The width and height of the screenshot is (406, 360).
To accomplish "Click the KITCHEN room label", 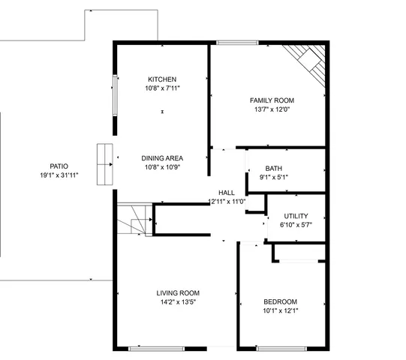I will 162,79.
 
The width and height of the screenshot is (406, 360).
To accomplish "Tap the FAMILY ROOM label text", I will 272,100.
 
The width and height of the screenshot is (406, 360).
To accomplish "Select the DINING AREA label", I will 162,158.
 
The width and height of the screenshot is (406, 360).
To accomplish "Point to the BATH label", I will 273,168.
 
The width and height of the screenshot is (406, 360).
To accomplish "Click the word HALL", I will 227,193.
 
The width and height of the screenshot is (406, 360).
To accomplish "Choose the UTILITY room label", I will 296,216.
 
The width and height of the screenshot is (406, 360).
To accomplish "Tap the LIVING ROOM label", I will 178,293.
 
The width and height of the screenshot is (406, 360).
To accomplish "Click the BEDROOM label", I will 280,301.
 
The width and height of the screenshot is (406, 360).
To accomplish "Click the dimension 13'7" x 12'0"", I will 272,109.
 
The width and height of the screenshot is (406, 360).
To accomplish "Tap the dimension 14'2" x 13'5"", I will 178,302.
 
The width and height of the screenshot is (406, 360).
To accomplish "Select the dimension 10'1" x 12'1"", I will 280,310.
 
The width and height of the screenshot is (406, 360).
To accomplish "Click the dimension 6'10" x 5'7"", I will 296,225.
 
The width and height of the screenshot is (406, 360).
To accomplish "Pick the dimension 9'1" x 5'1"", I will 273,178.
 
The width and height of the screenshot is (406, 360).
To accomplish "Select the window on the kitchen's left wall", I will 114,95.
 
